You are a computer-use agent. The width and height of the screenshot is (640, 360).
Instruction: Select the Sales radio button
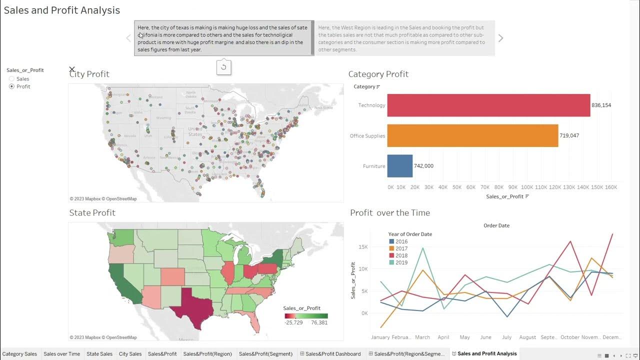tap(12, 79)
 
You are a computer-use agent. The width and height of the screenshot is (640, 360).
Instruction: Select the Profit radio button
tap(12, 86)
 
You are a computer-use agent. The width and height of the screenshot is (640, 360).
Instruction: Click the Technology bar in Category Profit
tap(488, 105)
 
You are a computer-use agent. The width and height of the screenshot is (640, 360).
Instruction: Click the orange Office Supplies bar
tap(472, 135)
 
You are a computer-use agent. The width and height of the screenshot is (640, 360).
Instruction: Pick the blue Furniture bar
tap(399, 166)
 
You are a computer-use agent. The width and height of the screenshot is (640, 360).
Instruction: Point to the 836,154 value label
tap(601, 105)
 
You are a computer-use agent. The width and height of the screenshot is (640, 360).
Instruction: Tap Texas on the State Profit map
tap(192, 305)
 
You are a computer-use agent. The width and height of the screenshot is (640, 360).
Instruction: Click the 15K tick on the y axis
tap(363, 246)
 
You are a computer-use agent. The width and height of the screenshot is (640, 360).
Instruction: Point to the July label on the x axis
tap(506, 337)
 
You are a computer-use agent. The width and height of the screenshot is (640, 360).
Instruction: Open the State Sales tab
tap(99, 354)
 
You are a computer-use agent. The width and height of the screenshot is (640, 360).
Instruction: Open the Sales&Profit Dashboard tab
tap(332, 354)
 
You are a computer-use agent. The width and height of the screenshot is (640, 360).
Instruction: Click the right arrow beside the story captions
tap(500, 38)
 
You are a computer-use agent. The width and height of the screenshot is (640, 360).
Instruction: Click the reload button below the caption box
tap(223, 67)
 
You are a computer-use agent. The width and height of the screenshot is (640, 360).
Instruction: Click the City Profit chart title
tap(89, 74)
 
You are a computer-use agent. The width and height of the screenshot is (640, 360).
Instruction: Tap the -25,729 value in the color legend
tap(294, 323)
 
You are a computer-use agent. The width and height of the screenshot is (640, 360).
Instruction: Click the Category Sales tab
tap(19, 354)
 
